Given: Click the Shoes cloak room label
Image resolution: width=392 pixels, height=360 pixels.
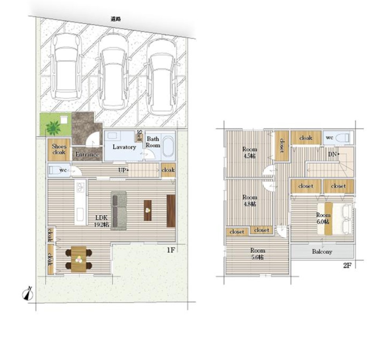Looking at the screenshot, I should click(x=59, y=149).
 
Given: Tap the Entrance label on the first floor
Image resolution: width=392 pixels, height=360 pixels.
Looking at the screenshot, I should click(x=87, y=155).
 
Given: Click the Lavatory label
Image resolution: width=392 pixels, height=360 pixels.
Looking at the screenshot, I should click(x=124, y=147).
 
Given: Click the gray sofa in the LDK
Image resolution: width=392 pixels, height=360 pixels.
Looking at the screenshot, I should click(x=119, y=210).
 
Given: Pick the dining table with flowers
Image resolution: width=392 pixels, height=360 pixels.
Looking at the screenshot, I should click(x=79, y=259).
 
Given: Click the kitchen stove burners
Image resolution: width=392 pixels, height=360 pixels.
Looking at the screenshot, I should click(x=80, y=187).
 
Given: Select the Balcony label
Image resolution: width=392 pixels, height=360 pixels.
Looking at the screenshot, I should click(x=322, y=251).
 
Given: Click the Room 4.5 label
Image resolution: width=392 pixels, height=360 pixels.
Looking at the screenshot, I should click(x=249, y=152).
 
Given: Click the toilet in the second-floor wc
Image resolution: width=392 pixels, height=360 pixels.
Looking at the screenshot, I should click(x=344, y=138).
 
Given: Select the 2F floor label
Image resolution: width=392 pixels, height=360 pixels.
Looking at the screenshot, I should click(x=347, y=265).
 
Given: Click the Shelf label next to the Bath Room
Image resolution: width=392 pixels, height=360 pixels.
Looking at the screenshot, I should click(x=139, y=136).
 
